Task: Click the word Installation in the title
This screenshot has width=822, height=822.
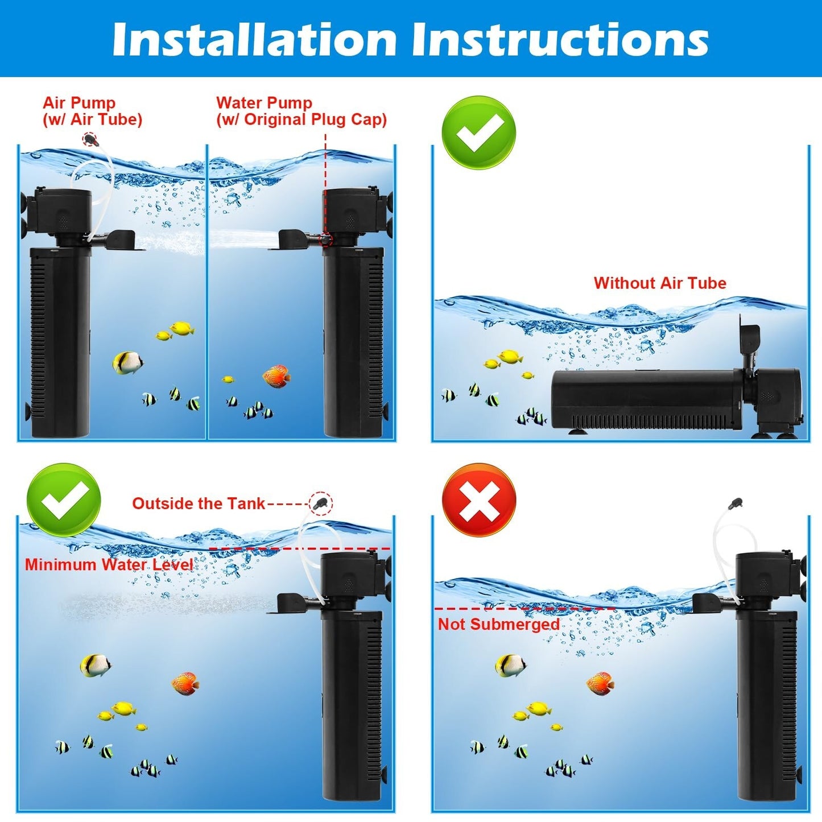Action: click(x=254, y=40)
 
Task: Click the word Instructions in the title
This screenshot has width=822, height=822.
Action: click(x=560, y=40)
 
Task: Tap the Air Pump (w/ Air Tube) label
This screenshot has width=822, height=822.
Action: click(x=92, y=111)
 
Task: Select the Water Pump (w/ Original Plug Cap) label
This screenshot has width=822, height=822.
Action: click(x=301, y=111)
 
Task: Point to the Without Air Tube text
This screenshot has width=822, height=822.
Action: click(x=660, y=283)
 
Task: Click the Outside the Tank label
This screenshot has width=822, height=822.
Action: click(x=199, y=503)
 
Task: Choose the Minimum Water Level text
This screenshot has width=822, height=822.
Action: click(x=109, y=565)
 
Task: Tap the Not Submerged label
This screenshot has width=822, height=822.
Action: click(x=498, y=624)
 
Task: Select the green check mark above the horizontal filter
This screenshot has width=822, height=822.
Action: click(x=479, y=132)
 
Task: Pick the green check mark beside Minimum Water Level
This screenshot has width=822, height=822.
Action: click(x=63, y=500)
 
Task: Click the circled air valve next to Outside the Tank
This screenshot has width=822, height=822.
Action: click(x=321, y=503)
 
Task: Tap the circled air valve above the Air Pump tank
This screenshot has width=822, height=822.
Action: click(x=90, y=139)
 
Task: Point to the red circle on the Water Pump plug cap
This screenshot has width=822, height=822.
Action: click(x=326, y=239)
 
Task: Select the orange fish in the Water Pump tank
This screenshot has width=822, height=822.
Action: click(x=276, y=376)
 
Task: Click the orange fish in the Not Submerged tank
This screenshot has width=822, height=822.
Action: click(x=600, y=683)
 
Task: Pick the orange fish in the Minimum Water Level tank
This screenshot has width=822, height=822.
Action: click(x=185, y=683)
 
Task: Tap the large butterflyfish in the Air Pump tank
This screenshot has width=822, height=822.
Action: click(x=127, y=362)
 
